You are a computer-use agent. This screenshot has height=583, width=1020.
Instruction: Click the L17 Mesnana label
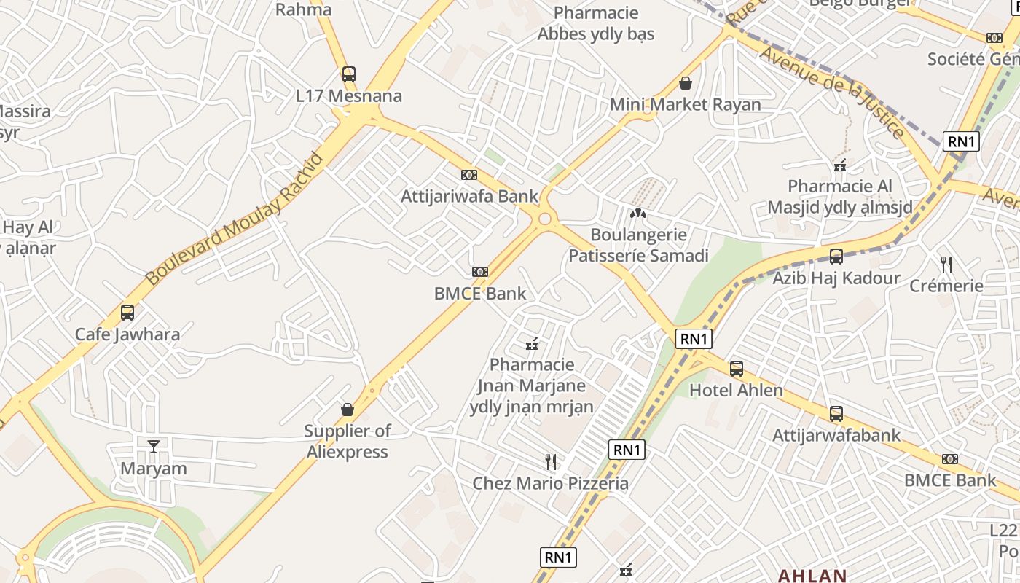click(x=348, y=96)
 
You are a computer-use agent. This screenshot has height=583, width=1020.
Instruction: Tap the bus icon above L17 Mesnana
click(x=349, y=74)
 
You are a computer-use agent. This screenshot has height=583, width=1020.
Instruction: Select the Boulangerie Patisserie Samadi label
click(x=638, y=245)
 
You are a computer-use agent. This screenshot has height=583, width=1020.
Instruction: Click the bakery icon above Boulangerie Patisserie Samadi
click(x=638, y=214)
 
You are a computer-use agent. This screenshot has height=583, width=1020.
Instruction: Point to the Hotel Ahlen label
click(x=736, y=391)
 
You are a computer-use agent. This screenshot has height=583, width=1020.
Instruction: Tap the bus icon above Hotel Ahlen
click(x=737, y=369)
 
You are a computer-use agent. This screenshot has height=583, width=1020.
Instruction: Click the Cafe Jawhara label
click(x=127, y=334)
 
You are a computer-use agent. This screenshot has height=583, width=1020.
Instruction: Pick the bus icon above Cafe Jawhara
click(x=127, y=313)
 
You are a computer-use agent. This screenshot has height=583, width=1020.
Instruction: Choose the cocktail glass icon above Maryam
click(x=154, y=446)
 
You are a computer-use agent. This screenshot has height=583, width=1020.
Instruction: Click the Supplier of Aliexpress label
click(x=347, y=441)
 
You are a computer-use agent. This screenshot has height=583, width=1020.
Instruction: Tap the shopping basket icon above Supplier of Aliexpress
click(x=348, y=410)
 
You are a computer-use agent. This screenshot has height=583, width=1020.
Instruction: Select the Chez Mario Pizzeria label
click(x=550, y=483)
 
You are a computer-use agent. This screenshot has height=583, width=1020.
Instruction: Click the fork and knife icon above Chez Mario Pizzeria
click(x=551, y=461)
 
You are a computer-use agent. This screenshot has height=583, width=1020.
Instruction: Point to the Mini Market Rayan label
click(x=685, y=105)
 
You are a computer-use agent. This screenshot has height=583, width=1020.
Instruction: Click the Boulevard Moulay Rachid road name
click(x=234, y=219)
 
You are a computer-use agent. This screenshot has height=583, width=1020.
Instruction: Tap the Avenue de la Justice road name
click(x=832, y=91)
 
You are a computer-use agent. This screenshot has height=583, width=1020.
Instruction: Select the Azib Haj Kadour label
click(x=836, y=278)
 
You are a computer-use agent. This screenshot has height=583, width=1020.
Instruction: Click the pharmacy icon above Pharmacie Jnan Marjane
click(x=532, y=343)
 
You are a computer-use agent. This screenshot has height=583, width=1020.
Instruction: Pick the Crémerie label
click(x=946, y=286)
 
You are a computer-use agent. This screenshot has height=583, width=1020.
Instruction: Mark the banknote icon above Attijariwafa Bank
click(x=469, y=175)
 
